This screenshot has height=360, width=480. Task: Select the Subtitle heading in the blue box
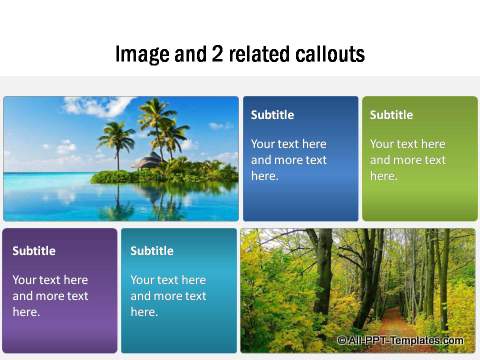click(x=272, y=115)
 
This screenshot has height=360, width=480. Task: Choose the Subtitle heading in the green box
click(x=391, y=115)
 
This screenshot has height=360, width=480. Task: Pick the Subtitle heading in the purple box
click(x=34, y=251)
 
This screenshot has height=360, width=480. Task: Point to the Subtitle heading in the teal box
click(x=152, y=251)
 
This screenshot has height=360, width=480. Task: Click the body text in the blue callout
click(x=289, y=160)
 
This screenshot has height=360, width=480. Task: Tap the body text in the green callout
click(x=407, y=160)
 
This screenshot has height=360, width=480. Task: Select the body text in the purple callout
click(x=50, y=296)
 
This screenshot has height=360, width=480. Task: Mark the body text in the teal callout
click(x=168, y=296)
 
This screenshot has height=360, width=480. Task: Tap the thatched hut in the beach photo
click(x=151, y=161)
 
